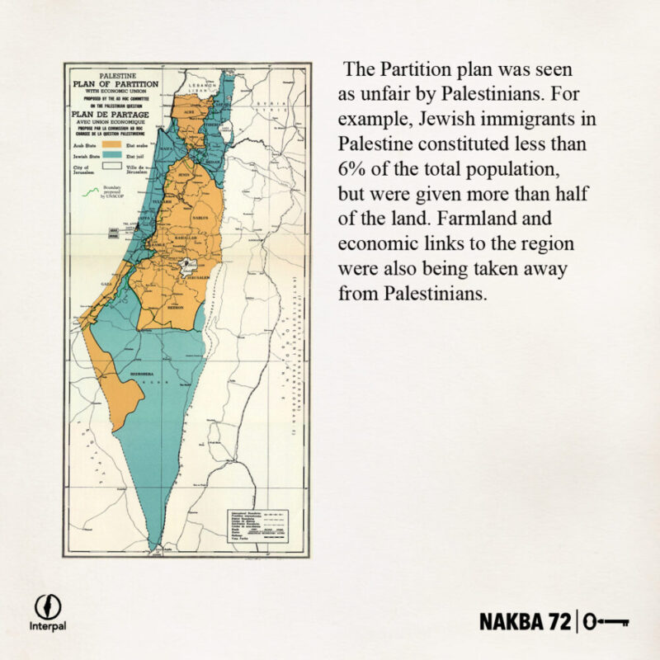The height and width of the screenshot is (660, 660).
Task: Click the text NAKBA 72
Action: click(x=526, y=620)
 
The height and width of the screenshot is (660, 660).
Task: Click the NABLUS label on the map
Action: click(x=199, y=218)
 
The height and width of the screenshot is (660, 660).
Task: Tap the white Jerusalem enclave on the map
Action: click(x=189, y=267)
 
